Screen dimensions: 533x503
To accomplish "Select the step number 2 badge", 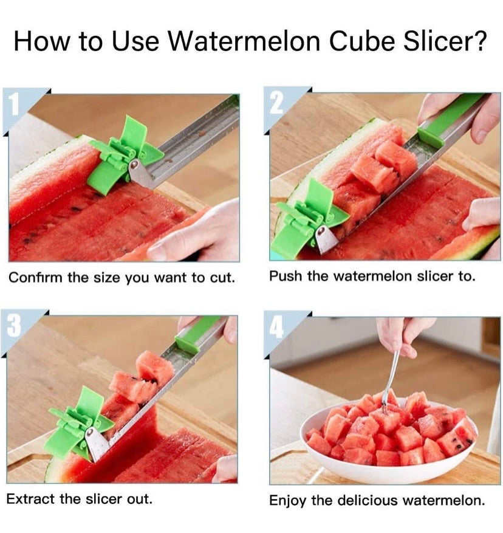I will point(276,103).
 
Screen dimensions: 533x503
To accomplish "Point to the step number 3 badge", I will point(14,326).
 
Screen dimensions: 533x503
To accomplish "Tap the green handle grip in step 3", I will point(197,334).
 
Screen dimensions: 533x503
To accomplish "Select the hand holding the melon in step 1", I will point(194,234).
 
